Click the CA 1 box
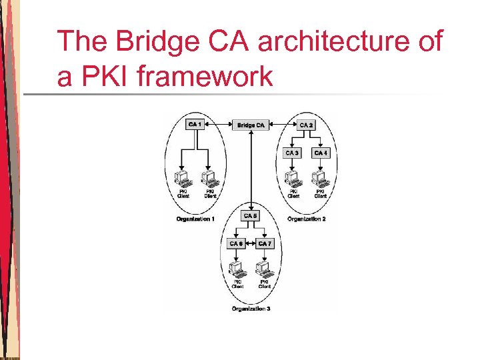click(x=195, y=125)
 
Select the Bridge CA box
click(x=251, y=125)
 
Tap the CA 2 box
click(x=307, y=125)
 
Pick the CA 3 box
click(x=292, y=153)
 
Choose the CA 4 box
click(x=321, y=153)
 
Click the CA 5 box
click(x=251, y=216)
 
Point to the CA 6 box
click(x=236, y=243)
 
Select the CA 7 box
click(x=265, y=243)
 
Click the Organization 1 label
click(x=195, y=219)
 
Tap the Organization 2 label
click(x=306, y=219)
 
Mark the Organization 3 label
click(x=251, y=309)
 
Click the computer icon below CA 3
click(x=292, y=178)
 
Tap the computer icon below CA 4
click(x=321, y=178)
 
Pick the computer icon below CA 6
click(x=237, y=269)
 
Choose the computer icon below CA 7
click(x=265, y=269)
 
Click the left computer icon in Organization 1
click(x=182, y=178)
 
